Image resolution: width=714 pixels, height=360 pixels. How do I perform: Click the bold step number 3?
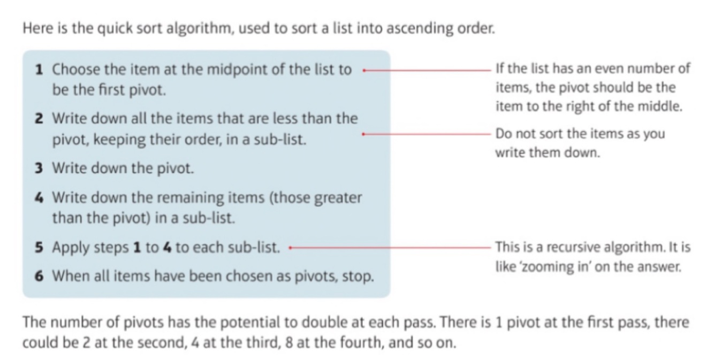click(x=39, y=169)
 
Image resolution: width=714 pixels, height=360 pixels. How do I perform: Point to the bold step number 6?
click(x=39, y=277)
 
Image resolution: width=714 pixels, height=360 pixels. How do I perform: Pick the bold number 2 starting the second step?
click(x=39, y=118)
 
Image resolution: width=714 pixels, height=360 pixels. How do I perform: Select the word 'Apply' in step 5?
click(x=70, y=248)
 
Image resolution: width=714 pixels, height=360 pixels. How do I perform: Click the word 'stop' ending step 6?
click(x=360, y=277)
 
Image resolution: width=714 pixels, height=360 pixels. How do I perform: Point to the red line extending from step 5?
click(x=391, y=248)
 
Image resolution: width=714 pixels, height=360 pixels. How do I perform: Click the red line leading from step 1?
click(x=428, y=70)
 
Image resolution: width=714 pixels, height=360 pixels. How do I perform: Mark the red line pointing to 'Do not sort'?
click(x=428, y=134)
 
